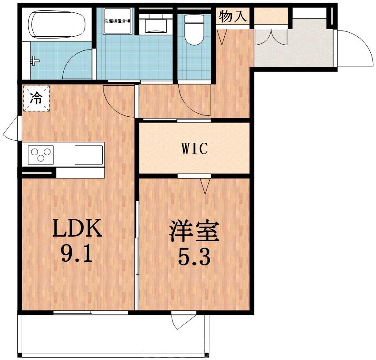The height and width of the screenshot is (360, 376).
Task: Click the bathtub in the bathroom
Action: pos(57,25)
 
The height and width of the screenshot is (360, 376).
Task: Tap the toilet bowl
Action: pos(193,31)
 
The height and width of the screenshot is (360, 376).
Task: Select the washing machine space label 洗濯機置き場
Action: pos(117,21)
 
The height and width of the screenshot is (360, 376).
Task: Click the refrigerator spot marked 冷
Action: pos(36,98)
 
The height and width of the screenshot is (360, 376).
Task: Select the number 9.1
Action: pos(78,254)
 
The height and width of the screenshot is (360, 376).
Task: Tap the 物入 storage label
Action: pos(233,17)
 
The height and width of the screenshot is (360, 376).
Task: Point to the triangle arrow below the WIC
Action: pos(205,186)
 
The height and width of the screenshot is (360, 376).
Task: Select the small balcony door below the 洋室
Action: pos(183,320)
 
